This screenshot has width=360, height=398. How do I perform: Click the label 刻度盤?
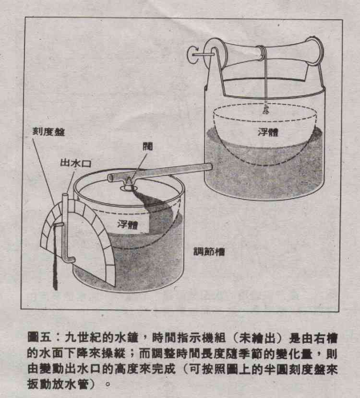[x=48, y=131]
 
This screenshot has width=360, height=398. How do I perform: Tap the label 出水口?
[x=75, y=163]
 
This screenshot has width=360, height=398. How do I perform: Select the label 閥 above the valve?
[x=148, y=146]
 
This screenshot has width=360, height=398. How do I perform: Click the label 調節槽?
[x=209, y=252]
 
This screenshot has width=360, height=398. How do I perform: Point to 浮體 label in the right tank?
[x=268, y=132]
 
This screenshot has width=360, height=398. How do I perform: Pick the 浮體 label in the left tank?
[x=128, y=224]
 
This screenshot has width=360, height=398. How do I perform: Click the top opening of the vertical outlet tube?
[x=65, y=195]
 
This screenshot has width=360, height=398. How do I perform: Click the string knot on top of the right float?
[x=266, y=110]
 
